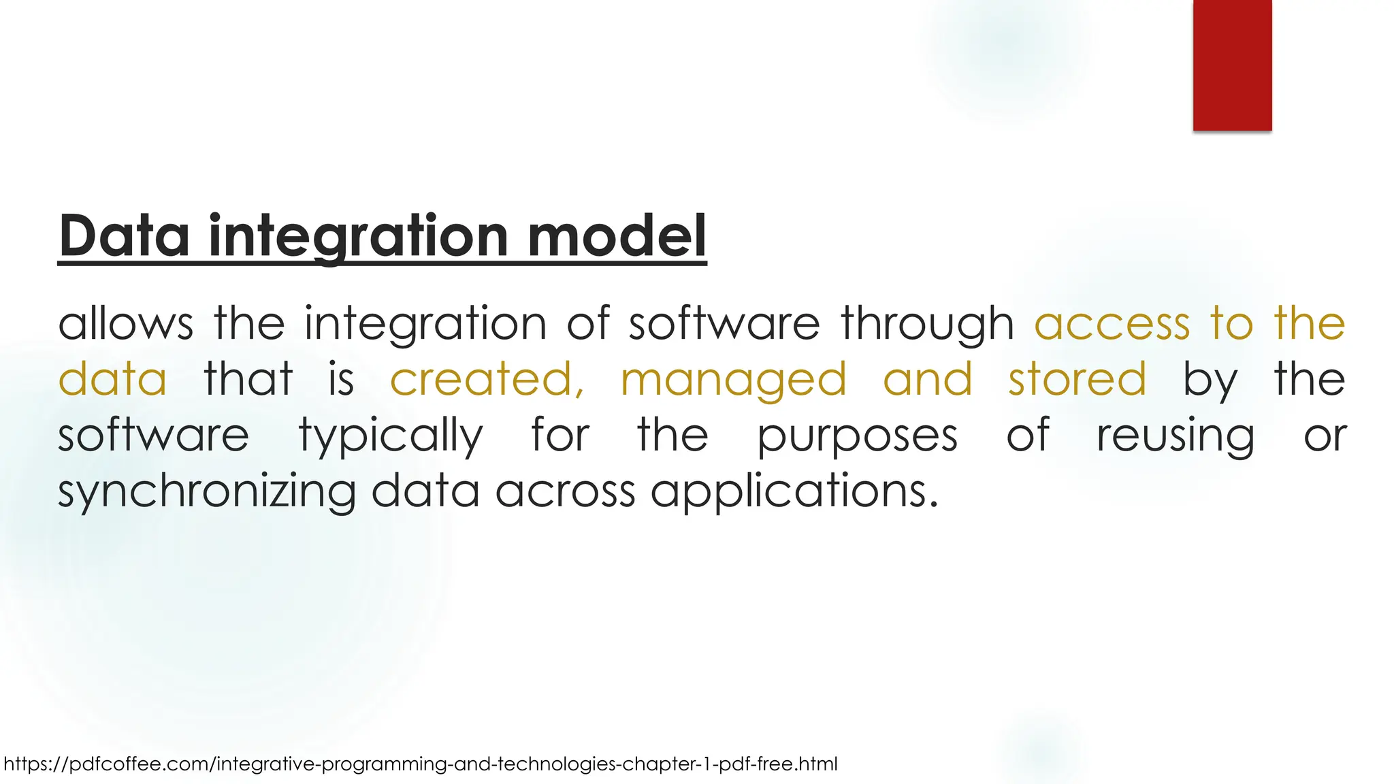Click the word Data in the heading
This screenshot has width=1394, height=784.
(124, 235)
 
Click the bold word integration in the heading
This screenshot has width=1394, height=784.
(358, 235)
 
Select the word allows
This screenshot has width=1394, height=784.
(125, 323)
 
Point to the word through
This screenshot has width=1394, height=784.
(928, 323)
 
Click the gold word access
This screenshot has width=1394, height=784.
(1112, 323)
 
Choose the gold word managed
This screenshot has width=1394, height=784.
(734, 379)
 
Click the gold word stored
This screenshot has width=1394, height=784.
(1077, 379)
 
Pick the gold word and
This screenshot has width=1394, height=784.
(927, 379)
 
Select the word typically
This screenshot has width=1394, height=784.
(391, 436)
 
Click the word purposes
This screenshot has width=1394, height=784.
(858, 436)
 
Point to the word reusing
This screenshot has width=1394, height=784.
(1176, 436)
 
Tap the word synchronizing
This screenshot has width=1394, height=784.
(207, 491)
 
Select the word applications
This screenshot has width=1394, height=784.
(794, 491)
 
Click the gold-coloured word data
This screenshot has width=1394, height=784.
(112, 379)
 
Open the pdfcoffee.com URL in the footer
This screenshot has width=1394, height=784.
(420, 764)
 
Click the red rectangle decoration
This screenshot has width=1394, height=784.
(1232, 65)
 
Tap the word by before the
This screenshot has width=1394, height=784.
(1210, 379)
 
